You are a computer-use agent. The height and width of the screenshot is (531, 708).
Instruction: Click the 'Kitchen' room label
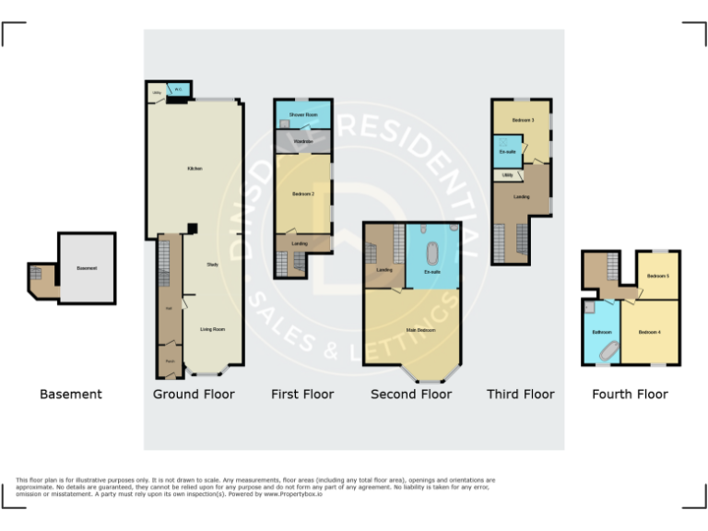point(195,169)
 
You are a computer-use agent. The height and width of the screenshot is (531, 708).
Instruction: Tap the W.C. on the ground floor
point(180,89)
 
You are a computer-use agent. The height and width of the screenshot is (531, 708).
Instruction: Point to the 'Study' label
point(212,265)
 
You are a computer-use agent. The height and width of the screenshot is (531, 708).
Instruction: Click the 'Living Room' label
point(213,329)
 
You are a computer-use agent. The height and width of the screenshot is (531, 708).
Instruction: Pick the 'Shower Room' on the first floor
point(303,114)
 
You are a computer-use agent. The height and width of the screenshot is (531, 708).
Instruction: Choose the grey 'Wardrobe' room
point(303,141)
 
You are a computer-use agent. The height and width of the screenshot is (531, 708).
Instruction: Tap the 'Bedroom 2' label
point(303,195)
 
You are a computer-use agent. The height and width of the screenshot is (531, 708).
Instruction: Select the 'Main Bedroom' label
point(420,330)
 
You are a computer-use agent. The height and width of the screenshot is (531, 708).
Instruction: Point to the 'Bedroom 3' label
point(523,120)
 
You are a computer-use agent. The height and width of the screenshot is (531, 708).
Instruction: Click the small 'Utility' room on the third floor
point(507,173)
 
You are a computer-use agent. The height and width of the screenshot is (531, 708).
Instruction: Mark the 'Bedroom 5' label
point(657,277)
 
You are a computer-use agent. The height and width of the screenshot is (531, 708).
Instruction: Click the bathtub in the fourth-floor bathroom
point(608,350)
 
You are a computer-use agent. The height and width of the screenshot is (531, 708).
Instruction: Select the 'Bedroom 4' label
point(650,332)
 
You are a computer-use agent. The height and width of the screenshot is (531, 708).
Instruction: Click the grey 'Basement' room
point(87,268)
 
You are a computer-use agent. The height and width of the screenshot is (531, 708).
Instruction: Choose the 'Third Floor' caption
point(521,395)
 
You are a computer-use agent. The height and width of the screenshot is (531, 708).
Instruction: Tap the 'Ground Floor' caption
point(194,395)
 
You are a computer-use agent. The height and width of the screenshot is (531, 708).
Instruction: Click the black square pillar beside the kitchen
point(191,229)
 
